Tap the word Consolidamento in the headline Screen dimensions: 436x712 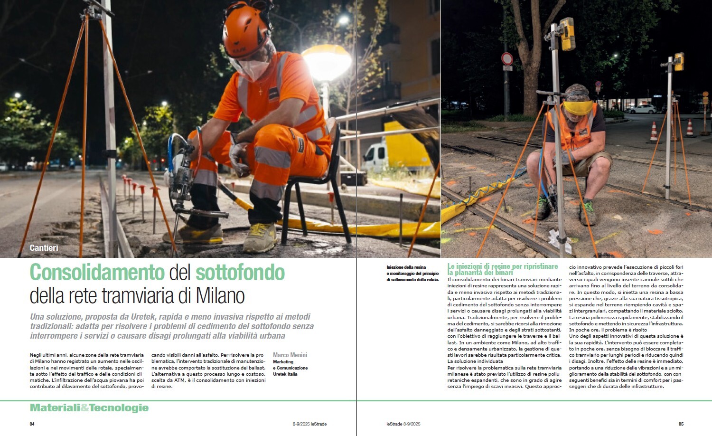[x=97, y=273]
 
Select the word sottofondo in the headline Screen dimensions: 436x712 [x=240, y=273]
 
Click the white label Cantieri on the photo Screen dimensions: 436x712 [x=44, y=248]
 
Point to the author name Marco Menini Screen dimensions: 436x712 [x=290, y=355]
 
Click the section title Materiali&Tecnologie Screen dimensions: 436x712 [x=89, y=408]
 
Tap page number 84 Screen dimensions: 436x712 [x=32, y=424]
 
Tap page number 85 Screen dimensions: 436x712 [x=681, y=424]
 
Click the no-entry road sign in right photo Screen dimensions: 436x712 [x=507, y=59]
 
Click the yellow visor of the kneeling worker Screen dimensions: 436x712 [x=578, y=107]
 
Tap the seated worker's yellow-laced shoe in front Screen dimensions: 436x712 [x=260, y=237]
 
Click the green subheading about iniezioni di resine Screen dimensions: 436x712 [x=502, y=269]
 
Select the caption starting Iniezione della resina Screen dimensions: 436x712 [x=412, y=274]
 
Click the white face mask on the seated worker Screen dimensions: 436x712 [x=254, y=69]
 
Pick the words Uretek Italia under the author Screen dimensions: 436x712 [x=285, y=374]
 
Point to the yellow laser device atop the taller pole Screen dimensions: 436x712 [x=567, y=34]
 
